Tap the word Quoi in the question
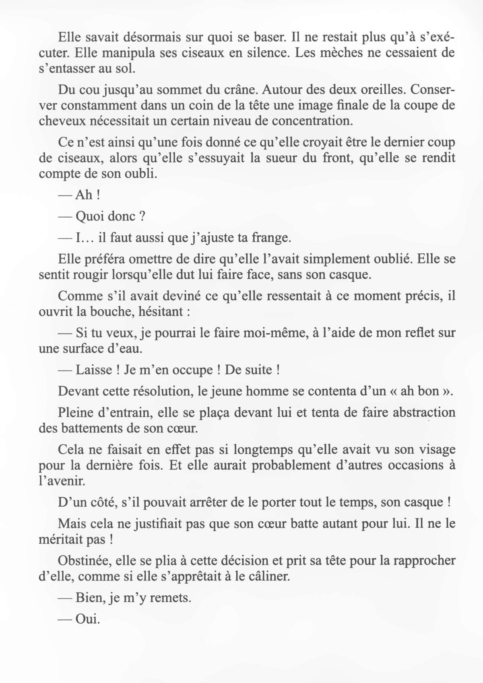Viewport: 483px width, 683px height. [90, 216]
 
